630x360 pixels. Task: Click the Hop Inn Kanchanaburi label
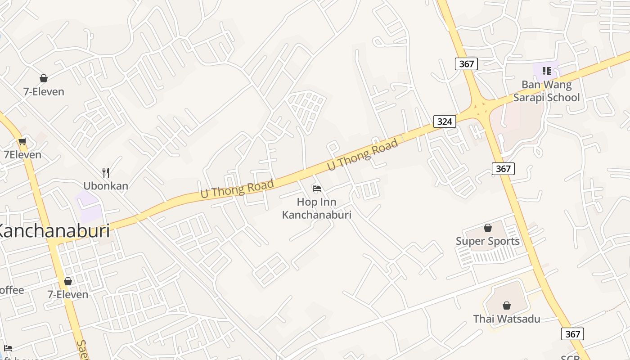pyautogui.click(x=316, y=208)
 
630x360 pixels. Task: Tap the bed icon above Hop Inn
pyautogui.click(x=317, y=188)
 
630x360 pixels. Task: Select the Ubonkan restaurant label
pyautogui.click(x=106, y=186)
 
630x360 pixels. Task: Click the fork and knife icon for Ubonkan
pyautogui.click(x=106, y=172)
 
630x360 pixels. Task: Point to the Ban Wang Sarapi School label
pyautogui.click(x=546, y=91)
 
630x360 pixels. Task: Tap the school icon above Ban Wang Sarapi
pyautogui.click(x=547, y=71)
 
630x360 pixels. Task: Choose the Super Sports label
pyautogui.click(x=487, y=241)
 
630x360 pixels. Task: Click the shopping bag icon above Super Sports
pyautogui.click(x=488, y=228)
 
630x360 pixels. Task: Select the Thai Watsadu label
pyautogui.click(x=507, y=319)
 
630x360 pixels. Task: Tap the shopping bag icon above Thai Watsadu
pyautogui.click(x=507, y=306)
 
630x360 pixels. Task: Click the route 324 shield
pyautogui.click(x=445, y=121)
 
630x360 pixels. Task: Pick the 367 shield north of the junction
pyautogui.click(x=466, y=64)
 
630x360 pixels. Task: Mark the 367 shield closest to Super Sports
pyautogui.click(x=503, y=169)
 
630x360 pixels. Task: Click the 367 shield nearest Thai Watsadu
pyautogui.click(x=572, y=334)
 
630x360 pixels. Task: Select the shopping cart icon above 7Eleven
pyautogui.click(x=22, y=141)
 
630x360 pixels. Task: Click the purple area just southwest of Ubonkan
pyautogui.click(x=87, y=206)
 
